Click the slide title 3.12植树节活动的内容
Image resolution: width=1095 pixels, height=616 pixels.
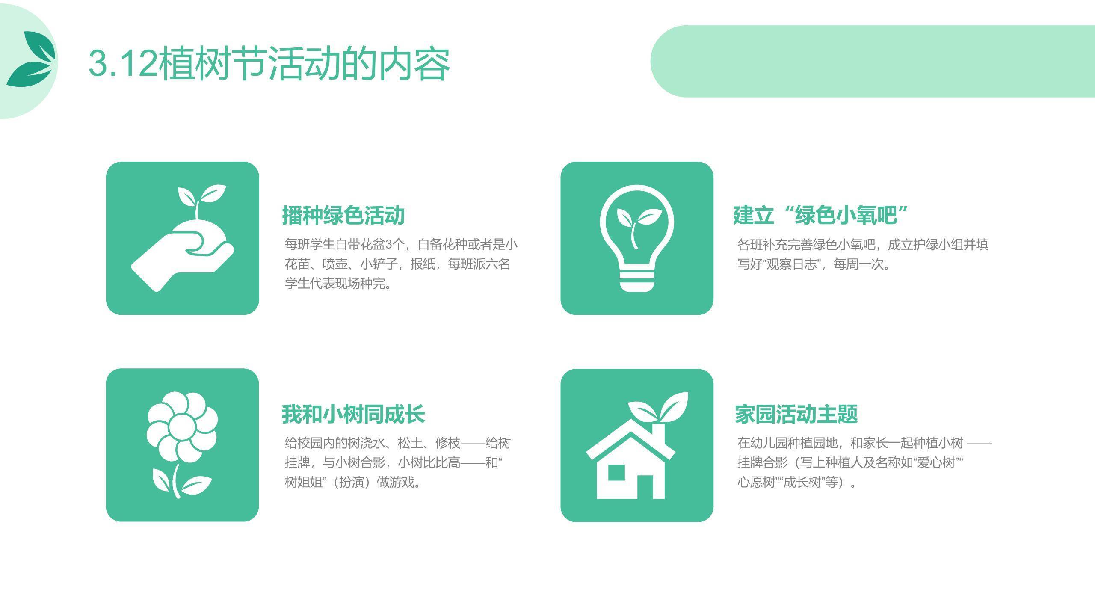point(269,64)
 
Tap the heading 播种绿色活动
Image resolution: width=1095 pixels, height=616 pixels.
point(343,215)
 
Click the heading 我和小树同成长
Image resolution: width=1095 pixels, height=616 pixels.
point(353,414)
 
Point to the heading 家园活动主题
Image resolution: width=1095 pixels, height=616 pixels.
point(796,414)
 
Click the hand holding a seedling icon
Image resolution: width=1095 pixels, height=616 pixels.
point(183,238)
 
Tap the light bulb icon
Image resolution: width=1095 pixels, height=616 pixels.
point(637,238)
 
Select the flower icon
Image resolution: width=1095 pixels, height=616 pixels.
point(182,445)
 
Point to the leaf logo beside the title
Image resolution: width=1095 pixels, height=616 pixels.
point(31,59)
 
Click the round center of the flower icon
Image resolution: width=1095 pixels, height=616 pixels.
point(182,427)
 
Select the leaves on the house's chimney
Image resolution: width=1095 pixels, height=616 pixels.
point(658,406)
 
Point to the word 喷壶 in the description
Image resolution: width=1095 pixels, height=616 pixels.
point(334,264)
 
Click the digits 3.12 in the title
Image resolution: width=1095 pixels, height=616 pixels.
point(123,64)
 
